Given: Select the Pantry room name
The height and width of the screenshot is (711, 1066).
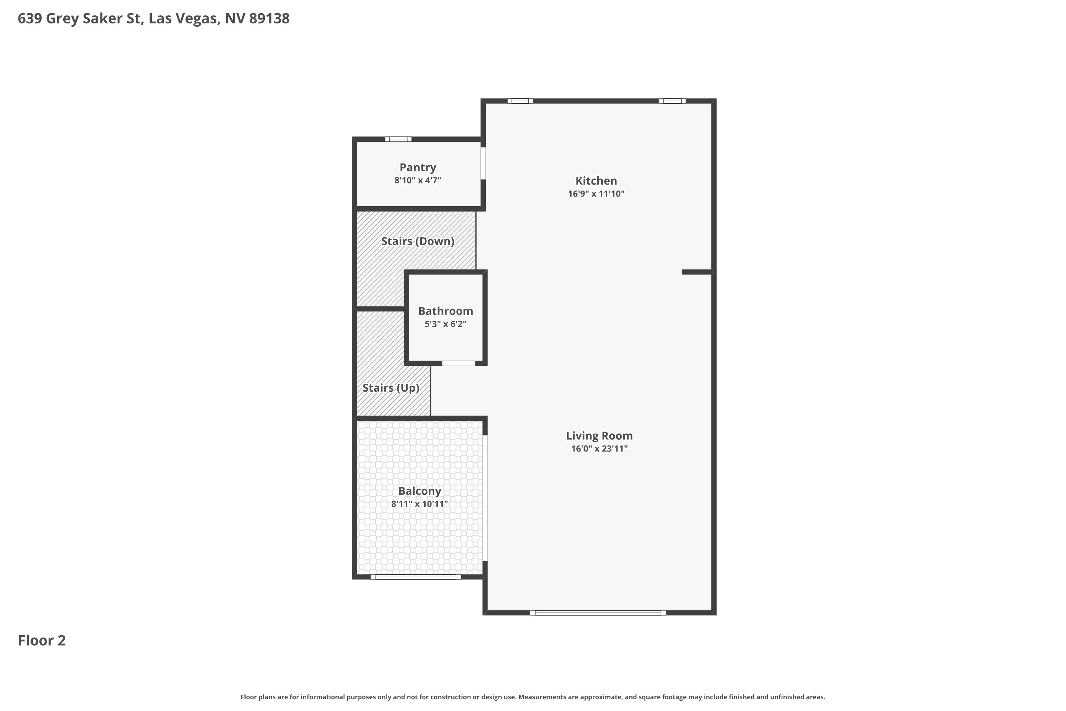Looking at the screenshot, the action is tap(418, 168).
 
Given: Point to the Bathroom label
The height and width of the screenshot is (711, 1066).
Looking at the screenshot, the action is tap(446, 311).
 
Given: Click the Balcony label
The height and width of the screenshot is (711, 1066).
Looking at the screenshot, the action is tap(420, 491).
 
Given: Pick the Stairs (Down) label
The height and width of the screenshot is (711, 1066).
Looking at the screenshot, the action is tap(418, 241).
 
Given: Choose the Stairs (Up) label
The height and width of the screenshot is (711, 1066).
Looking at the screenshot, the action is tap(391, 388).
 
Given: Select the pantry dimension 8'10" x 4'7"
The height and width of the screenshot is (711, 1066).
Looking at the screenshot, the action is tap(418, 180).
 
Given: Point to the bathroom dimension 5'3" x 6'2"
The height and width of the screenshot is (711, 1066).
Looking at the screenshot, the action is tap(446, 324).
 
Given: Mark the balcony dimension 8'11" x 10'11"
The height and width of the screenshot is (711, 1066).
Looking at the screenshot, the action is tap(420, 504).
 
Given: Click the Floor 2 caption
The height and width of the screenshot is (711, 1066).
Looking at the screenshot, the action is tap(42, 640).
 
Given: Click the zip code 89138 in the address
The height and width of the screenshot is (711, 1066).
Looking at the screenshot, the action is tap(269, 18).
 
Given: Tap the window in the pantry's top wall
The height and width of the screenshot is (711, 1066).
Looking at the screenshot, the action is tap(398, 139).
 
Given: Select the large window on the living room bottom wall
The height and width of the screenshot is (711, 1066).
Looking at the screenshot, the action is tap(598, 613).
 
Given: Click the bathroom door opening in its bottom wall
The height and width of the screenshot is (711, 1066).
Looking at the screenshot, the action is tap(459, 363).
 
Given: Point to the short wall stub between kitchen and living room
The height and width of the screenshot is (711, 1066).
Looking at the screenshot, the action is tap(697, 272).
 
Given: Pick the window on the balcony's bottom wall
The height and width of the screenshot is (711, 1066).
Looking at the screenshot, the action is tap(416, 577).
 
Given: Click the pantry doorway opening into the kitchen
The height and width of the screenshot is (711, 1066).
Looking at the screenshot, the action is tap(483, 163).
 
